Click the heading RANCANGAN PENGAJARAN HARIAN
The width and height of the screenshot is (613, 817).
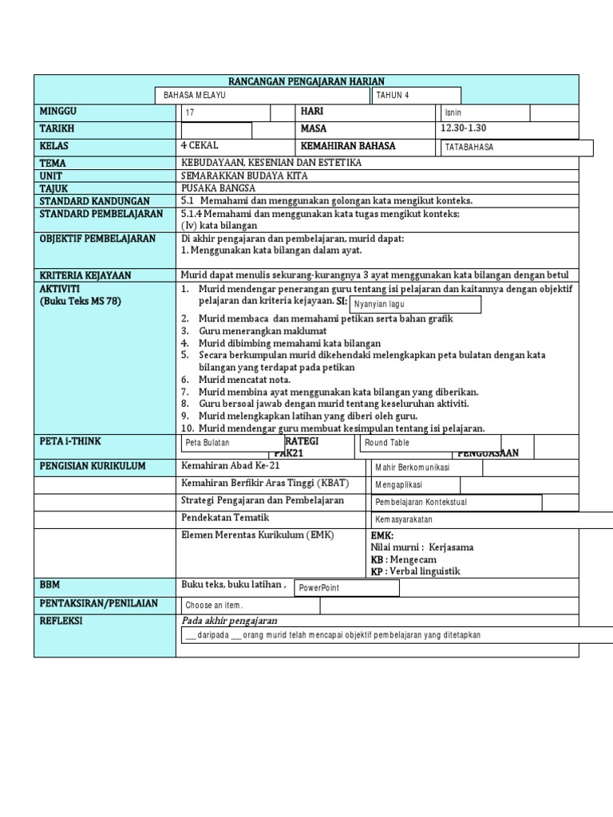306,81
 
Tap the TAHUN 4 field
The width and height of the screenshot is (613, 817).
415,96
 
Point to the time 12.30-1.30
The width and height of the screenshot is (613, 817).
463,128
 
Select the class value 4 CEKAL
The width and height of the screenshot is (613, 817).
200,146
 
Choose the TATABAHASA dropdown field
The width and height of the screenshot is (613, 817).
516,148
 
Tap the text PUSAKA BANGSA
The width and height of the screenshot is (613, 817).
218,188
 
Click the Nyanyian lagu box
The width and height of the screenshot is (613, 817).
415,305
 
